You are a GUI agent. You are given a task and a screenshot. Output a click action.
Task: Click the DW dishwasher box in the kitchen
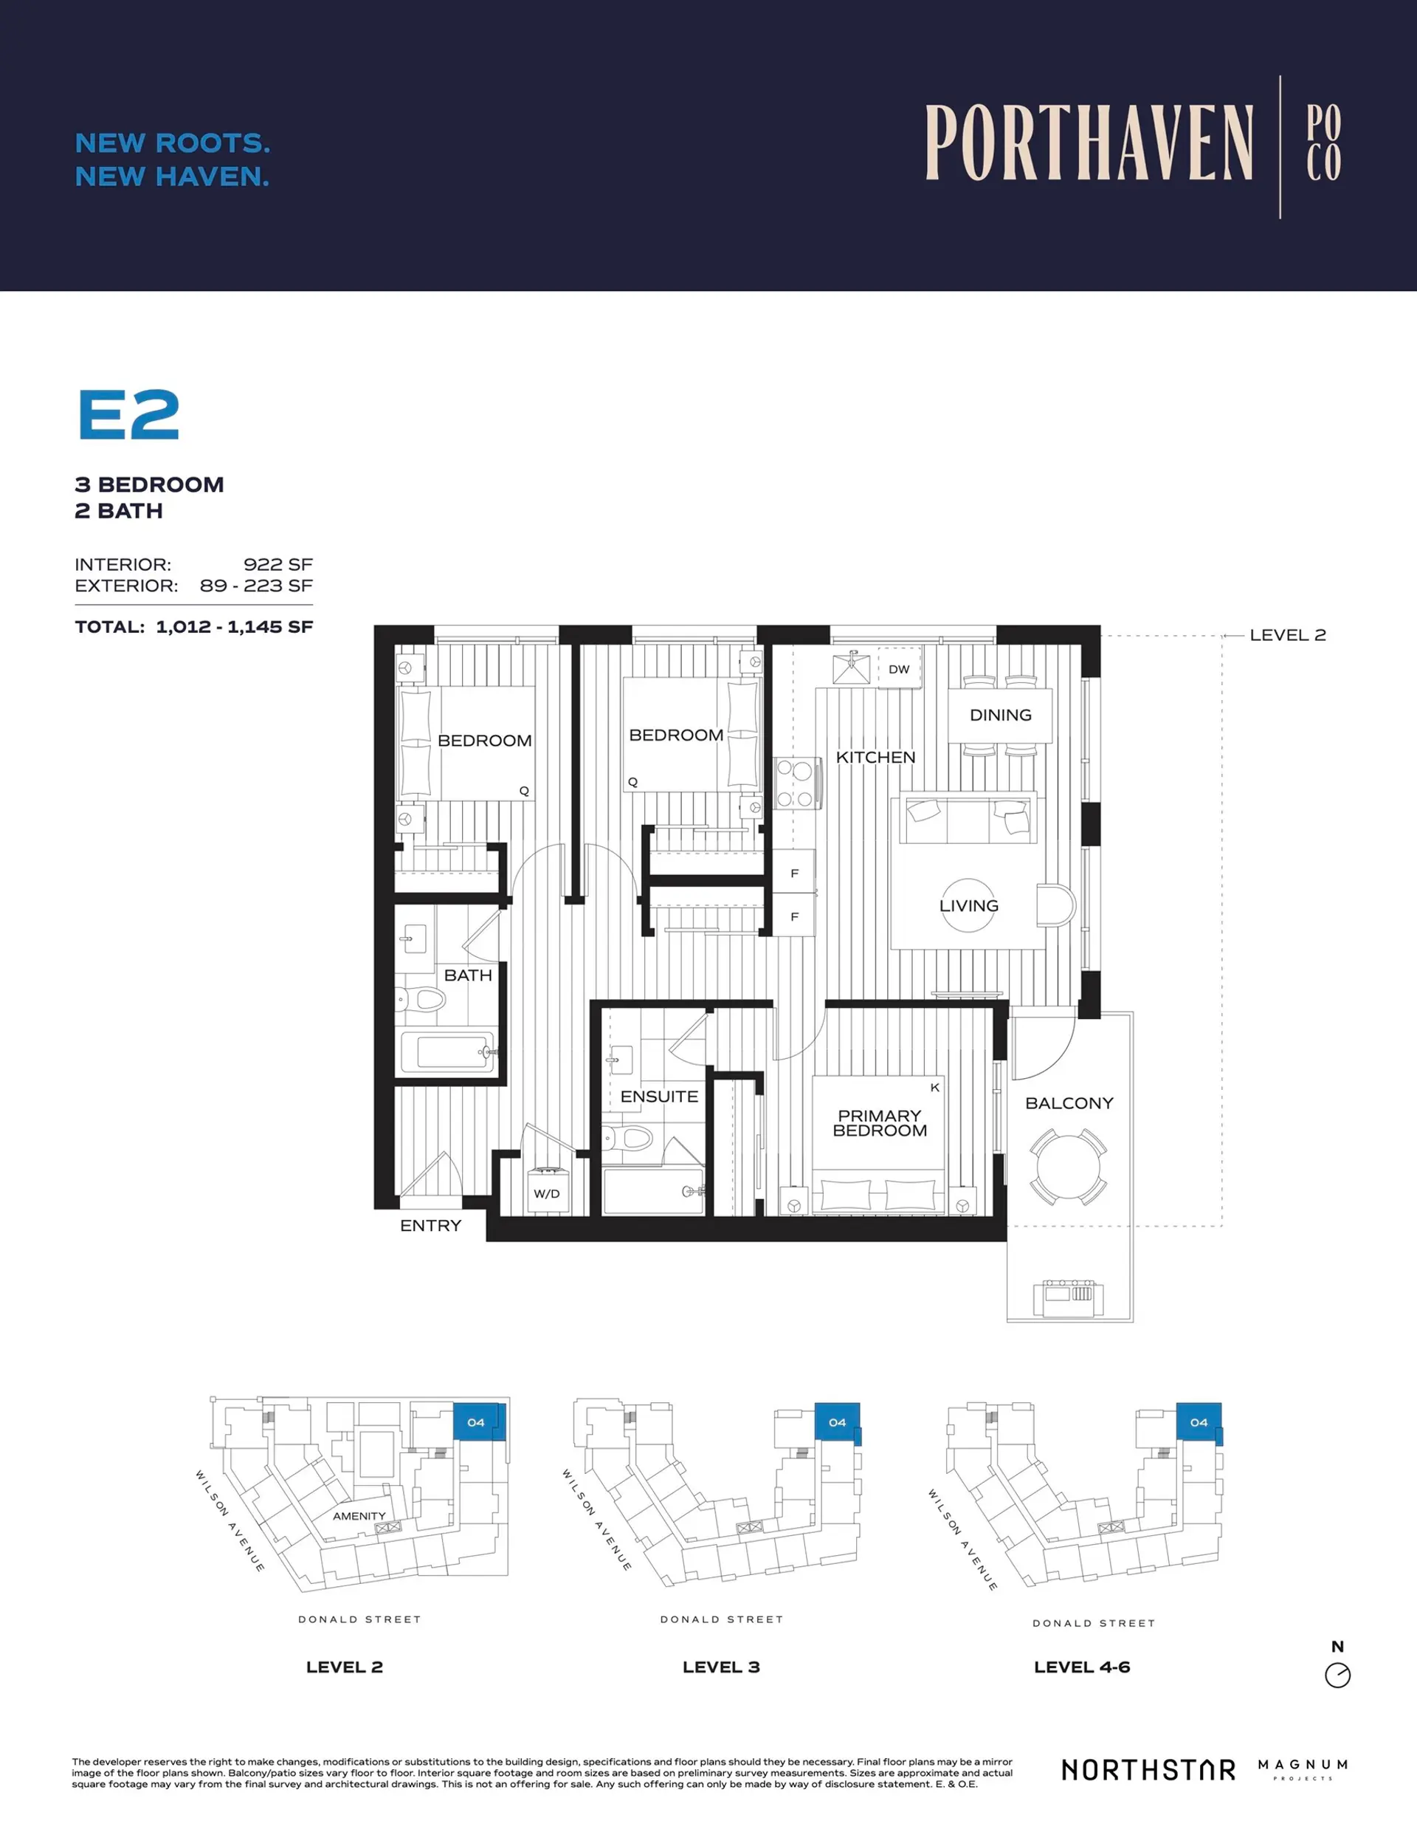pos(899,669)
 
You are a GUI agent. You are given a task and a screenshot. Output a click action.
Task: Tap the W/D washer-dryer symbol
pos(546,1193)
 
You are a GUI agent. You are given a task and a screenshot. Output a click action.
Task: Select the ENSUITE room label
pos(658,1097)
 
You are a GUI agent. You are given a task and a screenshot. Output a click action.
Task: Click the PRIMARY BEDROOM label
pos(880,1123)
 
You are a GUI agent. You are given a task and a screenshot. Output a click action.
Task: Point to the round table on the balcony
pos(1068,1167)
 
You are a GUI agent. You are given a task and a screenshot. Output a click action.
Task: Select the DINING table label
pos(999,715)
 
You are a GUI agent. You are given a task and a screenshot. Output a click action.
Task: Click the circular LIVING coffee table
pos(968,905)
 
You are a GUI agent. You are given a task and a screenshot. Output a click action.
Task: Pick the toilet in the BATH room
pos(424,1000)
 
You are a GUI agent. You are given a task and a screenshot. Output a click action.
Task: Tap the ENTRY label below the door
pos(430,1226)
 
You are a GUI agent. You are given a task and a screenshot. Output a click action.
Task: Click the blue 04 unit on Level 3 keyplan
pos(838,1422)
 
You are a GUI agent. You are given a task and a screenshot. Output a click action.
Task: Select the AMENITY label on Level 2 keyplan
pos(359,1516)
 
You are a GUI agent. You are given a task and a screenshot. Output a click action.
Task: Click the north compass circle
pos(1337,1675)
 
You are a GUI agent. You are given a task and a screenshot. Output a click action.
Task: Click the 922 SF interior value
pos(278,565)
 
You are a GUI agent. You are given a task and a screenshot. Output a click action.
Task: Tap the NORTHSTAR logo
pos(1148,1769)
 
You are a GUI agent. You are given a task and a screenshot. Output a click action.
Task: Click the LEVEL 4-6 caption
pos(1081,1667)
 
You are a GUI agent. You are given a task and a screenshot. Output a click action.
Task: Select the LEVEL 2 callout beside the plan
pos(1287,635)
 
